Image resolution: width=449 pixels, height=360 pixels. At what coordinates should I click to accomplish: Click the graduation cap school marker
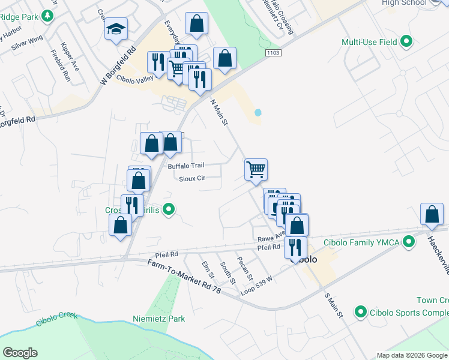(116, 29)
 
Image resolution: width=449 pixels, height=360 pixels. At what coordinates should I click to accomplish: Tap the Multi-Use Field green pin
(407, 42)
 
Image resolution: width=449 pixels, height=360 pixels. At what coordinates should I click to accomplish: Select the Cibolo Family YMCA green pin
(409, 242)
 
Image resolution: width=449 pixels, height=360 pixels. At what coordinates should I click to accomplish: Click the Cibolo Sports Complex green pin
(361, 312)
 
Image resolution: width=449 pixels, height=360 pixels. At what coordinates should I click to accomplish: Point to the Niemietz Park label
(159, 319)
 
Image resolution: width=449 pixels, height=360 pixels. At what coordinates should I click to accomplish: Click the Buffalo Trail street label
(186, 166)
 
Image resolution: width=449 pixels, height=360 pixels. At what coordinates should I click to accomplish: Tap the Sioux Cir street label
(192, 178)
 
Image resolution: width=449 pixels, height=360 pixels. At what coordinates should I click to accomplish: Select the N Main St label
(218, 112)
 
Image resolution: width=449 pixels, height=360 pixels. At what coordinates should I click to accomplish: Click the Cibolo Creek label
(56, 319)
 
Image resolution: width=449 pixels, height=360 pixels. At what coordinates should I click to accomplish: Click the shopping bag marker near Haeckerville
(432, 214)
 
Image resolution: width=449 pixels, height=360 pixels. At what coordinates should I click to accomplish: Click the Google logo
(20, 353)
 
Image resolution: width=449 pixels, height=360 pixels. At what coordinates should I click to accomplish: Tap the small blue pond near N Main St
(258, 112)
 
